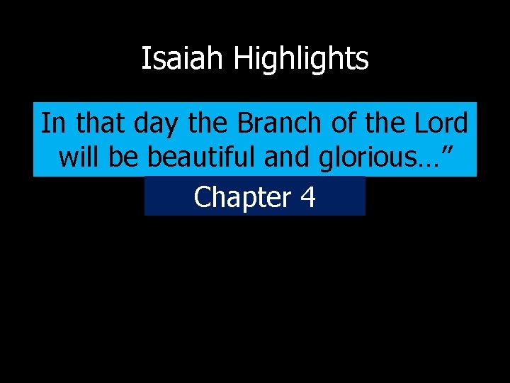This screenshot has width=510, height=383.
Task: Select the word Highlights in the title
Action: click(301, 59)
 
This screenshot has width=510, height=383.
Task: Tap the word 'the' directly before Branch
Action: click(209, 123)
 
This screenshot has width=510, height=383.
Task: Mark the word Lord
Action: click(443, 123)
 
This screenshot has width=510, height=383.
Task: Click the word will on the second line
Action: click(81, 157)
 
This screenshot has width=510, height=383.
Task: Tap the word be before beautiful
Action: click(124, 157)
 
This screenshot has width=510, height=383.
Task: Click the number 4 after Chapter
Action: click(307, 197)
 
